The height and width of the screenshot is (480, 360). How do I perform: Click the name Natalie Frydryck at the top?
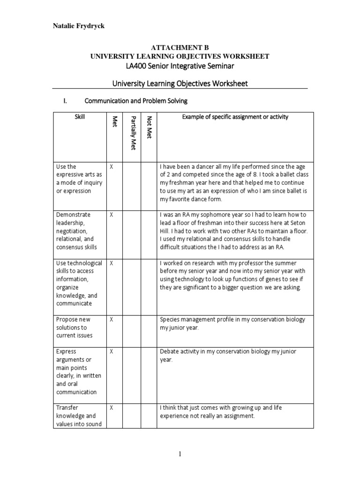click(x=78, y=26)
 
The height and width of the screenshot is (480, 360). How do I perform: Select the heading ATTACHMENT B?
click(x=180, y=48)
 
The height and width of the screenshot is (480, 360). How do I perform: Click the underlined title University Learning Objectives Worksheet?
click(x=180, y=83)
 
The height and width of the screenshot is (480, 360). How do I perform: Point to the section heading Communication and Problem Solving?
click(x=136, y=101)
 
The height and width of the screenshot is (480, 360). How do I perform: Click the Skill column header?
click(x=80, y=117)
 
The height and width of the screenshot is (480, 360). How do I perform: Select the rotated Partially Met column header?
click(x=133, y=132)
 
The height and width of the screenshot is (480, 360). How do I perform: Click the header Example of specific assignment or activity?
click(x=235, y=117)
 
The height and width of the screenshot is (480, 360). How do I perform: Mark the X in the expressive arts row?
click(x=112, y=166)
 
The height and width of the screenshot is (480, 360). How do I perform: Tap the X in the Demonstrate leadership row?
click(x=112, y=215)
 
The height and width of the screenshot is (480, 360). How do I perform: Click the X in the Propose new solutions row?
click(x=112, y=319)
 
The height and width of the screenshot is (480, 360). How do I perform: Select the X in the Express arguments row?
click(x=112, y=352)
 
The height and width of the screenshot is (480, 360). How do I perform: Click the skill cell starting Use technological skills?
click(x=79, y=283)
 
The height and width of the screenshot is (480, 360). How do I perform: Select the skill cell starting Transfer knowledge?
click(x=77, y=416)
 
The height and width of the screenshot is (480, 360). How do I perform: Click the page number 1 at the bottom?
click(x=180, y=454)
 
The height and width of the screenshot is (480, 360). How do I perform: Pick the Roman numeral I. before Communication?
click(x=66, y=101)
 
